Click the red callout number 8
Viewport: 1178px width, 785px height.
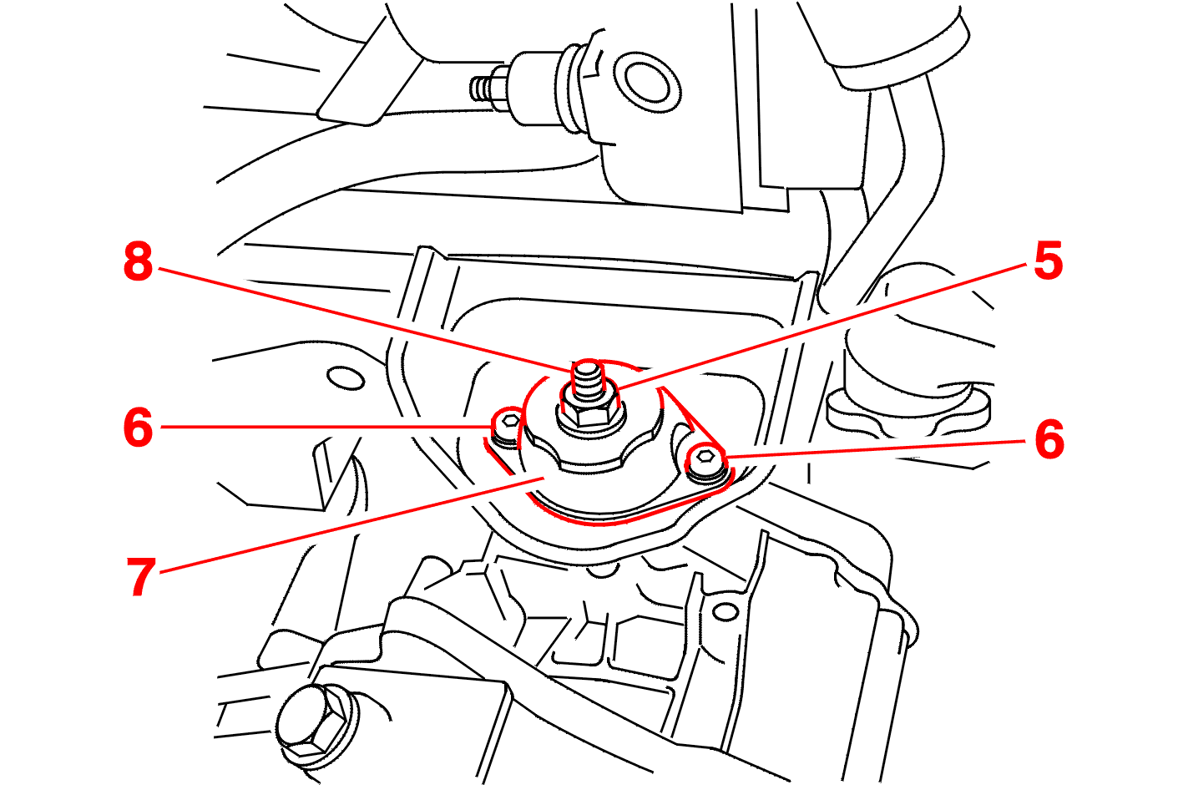tap(139, 261)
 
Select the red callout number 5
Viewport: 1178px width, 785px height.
tap(1048, 261)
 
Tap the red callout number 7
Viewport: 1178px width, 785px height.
tap(141, 577)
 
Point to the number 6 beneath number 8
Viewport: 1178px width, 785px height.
tap(139, 428)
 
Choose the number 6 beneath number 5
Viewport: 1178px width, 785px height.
tap(1049, 440)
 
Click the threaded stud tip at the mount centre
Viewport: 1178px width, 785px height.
tap(587, 377)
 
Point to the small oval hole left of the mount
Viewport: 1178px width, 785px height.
tap(346, 377)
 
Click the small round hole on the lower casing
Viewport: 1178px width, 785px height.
tap(726, 611)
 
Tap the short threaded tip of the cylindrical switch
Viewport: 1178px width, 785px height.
tap(483, 89)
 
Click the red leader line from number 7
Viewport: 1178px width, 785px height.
tap(351, 525)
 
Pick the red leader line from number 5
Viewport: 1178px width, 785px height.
tap(821, 327)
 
